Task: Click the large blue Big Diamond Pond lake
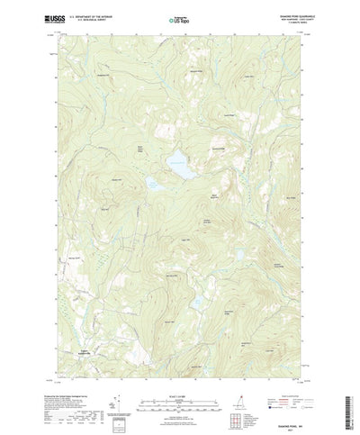click(176, 164)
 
